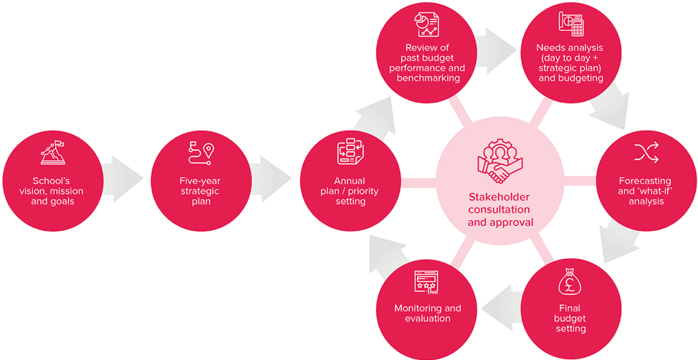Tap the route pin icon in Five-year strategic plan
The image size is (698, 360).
[x=201, y=151]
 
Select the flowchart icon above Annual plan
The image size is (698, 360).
[x=350, y=152]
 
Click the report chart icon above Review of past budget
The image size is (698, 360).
[x=426, y=24]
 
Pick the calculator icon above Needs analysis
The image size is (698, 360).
[x=570, y=24]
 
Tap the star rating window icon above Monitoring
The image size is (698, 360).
[x=427, y=283]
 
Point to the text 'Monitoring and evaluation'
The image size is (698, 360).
[x=428, y=313]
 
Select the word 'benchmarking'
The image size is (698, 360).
[x=428, y=77]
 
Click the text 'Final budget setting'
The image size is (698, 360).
[x=570, y=318]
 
